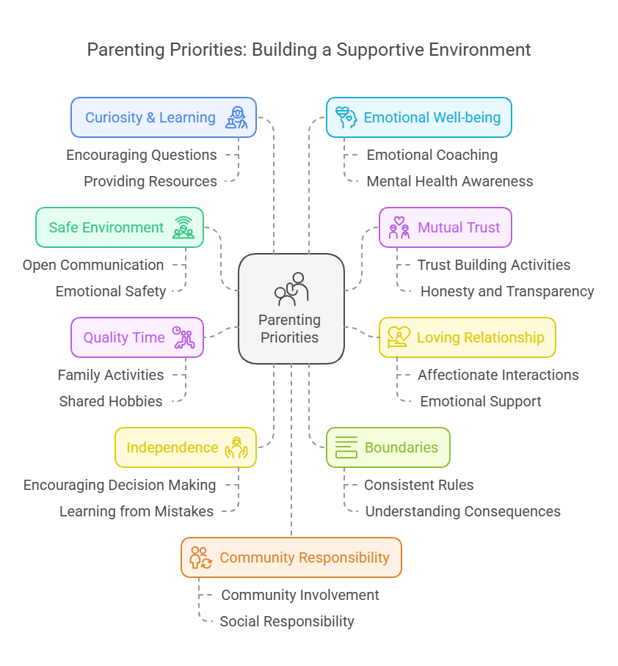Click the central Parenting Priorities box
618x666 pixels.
click(x=291, y=309)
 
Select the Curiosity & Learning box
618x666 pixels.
click(x=164, y=117)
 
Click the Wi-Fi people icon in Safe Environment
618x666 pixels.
click(x=183, y=227)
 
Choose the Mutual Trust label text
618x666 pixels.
click(x=459, y=227)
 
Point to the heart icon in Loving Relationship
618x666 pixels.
click(x=399, y=337)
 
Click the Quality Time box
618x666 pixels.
click(x=137, y=337)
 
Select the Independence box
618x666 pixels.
click(x=186, y=447)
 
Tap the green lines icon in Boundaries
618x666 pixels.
click(x=346, y=447)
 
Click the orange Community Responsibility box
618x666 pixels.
click(x=291, y=557)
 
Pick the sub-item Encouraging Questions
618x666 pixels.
click(x=141, y=155)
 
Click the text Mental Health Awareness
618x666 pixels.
click(x=449, y=181)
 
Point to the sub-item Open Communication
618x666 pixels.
click(x=93, y=265)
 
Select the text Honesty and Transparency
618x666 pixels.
click(x=506, y=291)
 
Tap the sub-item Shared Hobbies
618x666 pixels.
click(x=111, y=401)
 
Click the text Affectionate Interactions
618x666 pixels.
click(x=498, y=375)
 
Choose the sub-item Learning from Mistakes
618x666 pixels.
click(x=137, y=511)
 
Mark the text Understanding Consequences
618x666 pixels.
click(x=462, y=511)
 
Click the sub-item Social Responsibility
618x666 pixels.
click(x=287, y=621)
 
